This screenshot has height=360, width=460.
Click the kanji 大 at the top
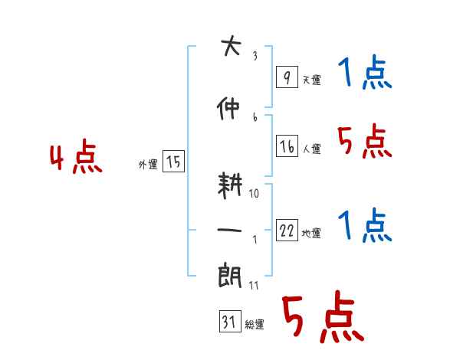click(229, 47)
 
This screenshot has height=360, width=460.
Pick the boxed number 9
click(286, 77)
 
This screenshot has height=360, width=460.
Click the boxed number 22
click(287, 231)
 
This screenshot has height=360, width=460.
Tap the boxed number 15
click(173, 162)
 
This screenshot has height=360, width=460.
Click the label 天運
click(311, 80)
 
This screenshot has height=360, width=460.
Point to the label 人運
click(311, 149)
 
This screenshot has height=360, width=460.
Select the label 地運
click(311, 234)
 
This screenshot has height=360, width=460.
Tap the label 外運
click(147, 165)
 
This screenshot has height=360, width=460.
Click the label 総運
click(255, 325)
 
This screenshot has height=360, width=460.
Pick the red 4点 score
click(75, 158)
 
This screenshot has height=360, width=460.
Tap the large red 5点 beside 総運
click(321, 318)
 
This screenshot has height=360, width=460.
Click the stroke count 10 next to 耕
click(254, 193)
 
